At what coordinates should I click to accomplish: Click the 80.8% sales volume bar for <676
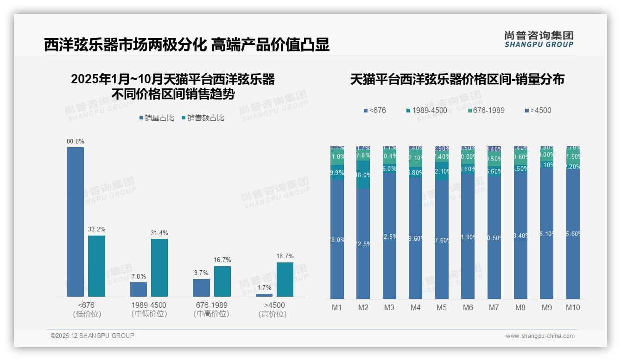tap(76, 222)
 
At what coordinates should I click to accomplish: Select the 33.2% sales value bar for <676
tap(96, 266)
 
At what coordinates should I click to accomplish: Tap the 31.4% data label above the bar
tap(159, 233)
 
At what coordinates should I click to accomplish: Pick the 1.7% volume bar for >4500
tap(264, 295)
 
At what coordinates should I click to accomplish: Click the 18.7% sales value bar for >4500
tap(285, 280)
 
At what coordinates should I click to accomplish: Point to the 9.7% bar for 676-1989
tap(201, 287)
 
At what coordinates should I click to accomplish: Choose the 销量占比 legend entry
tap(157, 118)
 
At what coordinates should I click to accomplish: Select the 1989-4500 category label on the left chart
tap(149, 305)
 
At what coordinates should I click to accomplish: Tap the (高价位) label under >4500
tap(272, 314)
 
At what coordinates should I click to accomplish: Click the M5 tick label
tap(442, 307)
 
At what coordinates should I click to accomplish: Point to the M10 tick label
tap(573, 307)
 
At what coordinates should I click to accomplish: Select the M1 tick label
tap(337, 307)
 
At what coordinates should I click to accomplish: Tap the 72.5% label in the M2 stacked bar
tap(363, 244)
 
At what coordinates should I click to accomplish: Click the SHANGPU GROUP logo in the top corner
tap(539, 39)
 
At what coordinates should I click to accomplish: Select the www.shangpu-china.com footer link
tap(540, 336)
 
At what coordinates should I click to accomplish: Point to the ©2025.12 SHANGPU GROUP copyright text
tap(93, 336)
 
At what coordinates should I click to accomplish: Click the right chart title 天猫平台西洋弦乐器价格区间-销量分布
tap(457, 79)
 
